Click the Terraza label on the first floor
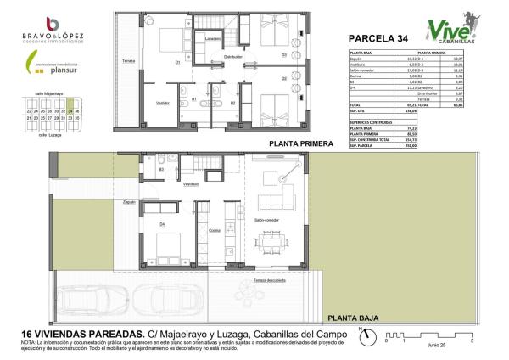point(128,61)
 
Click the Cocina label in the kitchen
point(215,229)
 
